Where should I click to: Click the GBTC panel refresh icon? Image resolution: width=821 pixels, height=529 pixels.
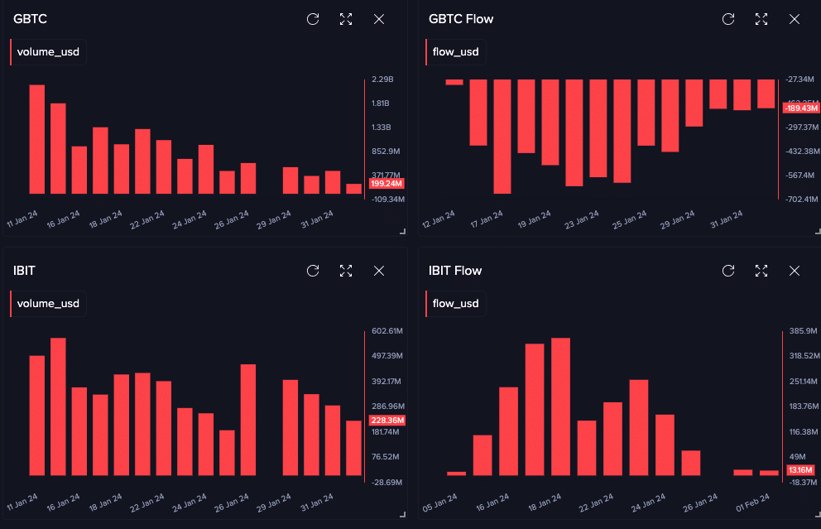click(x=313, y=19)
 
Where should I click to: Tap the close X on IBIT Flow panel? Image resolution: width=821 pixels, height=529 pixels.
click(x=795, y=271)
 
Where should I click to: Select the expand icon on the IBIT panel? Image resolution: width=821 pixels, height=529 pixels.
click(x=346, y=271)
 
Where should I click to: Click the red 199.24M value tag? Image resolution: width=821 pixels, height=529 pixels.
click(x=386, y=183)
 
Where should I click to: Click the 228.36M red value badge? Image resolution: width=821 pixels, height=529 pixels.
click(x=386, y=421)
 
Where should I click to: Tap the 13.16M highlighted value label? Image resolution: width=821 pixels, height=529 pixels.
click(x=800, y=470)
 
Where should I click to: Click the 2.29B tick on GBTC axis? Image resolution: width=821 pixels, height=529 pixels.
click(x=382, y=79)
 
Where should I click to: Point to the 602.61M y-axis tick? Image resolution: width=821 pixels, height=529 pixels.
click(x=386, y=331)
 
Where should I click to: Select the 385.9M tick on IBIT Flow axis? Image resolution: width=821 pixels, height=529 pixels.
click(x=802, y=331)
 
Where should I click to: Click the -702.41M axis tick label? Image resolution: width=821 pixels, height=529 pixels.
click(x=800, y=200)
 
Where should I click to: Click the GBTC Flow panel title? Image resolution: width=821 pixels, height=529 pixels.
click(x=461, y=19)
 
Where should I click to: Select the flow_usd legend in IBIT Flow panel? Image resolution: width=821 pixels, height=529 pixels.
click(x=455, y=304)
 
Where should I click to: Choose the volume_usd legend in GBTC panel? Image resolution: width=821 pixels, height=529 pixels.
click(x=48, y=52)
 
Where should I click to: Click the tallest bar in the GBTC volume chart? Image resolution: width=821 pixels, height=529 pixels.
click(x=36, y=139)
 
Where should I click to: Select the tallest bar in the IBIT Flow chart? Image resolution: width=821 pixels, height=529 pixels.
click(x=560, y=406)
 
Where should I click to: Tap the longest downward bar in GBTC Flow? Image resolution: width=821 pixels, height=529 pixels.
click(x=502, y=137)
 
